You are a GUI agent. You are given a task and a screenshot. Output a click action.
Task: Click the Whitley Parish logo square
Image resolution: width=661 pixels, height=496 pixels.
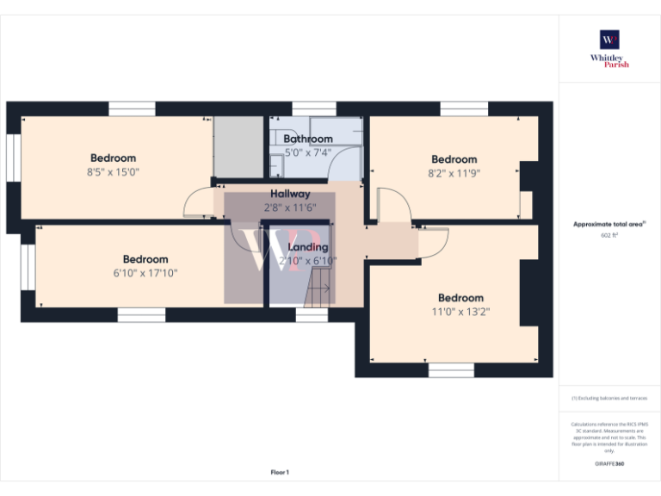(x=609, y=40)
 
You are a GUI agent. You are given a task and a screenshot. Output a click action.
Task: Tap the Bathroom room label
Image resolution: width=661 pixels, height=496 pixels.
(x=308, y=139)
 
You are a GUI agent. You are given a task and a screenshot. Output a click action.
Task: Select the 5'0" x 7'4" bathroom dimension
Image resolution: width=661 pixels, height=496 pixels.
(x=308, y=152)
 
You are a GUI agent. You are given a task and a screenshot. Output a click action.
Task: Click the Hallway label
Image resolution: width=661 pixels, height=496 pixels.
(x=290, y=194)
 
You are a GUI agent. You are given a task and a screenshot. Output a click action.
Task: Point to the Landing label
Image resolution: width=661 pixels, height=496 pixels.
(x=307, y=247)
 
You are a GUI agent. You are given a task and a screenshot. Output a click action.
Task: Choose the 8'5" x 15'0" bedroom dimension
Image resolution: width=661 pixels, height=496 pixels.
(x=113, y=171)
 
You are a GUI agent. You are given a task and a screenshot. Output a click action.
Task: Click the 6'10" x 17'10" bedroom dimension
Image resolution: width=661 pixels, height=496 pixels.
(x=145, y=273)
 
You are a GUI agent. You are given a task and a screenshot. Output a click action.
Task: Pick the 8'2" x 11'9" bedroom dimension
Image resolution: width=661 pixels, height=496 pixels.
(x=454, y=172)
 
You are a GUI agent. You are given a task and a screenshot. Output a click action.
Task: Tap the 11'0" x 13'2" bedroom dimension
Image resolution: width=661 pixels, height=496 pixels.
(x=460, y=312)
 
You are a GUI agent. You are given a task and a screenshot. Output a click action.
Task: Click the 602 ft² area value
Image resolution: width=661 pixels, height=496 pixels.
(x=609, y=234)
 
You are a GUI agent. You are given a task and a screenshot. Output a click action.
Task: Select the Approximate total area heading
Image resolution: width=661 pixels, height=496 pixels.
(x=608, y=224)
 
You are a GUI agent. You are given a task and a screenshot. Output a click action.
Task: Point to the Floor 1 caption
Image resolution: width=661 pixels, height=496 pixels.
(x=280, y=472)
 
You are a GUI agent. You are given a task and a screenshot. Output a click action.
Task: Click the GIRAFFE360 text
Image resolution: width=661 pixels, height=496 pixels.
(x=609, y=464)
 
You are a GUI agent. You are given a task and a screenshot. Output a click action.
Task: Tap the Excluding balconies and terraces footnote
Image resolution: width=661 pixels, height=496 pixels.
(x=609, y=399)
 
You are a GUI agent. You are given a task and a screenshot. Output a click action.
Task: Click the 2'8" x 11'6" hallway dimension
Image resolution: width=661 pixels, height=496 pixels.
(x=290, y=208)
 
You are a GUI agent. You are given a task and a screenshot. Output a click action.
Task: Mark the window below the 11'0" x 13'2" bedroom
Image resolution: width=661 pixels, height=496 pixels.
(x=451, y=370)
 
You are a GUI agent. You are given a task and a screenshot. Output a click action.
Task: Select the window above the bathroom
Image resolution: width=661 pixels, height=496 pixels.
(x=313, y=108)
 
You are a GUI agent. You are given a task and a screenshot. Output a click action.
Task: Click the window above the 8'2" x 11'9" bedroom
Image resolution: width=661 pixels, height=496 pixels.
(x=464, y=108)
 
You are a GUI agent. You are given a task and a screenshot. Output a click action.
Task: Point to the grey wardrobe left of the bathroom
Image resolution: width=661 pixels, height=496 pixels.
(x=238, y=147)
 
